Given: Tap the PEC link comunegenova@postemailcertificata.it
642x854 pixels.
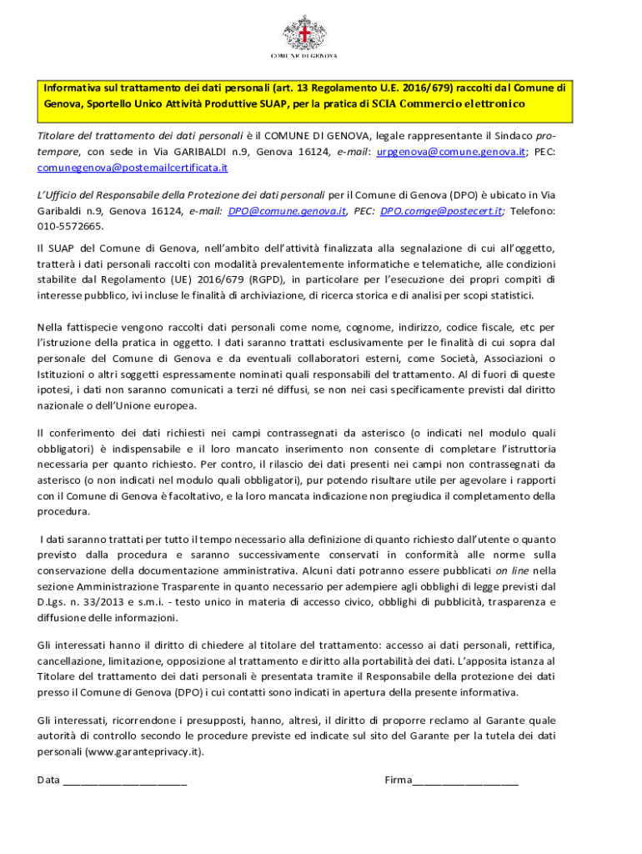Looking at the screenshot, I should pyautogui.click(x=133, y=168).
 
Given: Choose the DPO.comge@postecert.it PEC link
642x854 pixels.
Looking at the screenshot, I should pyautogui.click(x=441, y=212).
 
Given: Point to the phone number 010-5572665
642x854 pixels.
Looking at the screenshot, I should pyautogui.click(x=71, y=226).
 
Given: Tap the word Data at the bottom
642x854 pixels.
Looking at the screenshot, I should pyautogui.click(x=48, y=780).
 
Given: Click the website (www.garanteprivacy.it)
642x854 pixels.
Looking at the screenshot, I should pyautogui.click(x=144, y=751).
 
